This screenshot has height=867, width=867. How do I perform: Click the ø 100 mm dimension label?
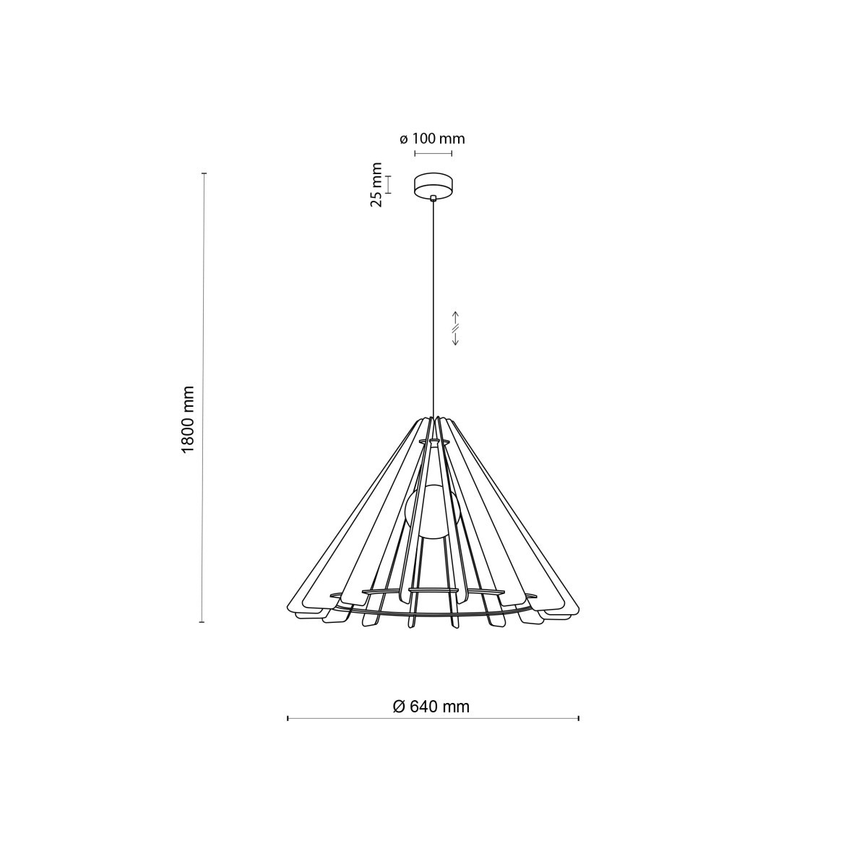pyautogui.click(x=433, y=139)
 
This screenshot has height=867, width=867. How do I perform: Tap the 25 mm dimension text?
pyautogui.click(x=376, y=186)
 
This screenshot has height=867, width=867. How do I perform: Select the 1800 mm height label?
pyautogui.click(x=189, y=419)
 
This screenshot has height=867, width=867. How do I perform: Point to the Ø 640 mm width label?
pyautogui.click(x=431, y=707)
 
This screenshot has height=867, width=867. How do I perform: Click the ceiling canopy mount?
pyautogui.click(x=433, y=184)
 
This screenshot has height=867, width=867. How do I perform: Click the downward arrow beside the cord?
pyautogui.click(x=456, y=340)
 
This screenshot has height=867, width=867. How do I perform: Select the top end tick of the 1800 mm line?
pyautogui.click(x=204, y=174)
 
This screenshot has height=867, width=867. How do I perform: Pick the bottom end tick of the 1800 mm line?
pyautogui.click(x=202, y=621)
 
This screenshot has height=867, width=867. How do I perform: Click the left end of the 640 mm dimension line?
pyautogui.click(x=288, y=718)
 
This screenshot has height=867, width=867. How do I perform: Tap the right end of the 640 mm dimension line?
pyautogui.click(x=579, y=718)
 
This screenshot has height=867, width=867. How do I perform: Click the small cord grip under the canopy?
pyautogui.click(x=433, y=198)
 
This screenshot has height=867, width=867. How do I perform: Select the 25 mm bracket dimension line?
pyautogui.click(x=389, y=185)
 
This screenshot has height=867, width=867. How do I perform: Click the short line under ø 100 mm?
pyautogui.click(x=433, y=154)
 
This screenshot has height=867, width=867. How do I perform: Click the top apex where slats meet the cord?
pyautogui.click(x=433, y=418)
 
